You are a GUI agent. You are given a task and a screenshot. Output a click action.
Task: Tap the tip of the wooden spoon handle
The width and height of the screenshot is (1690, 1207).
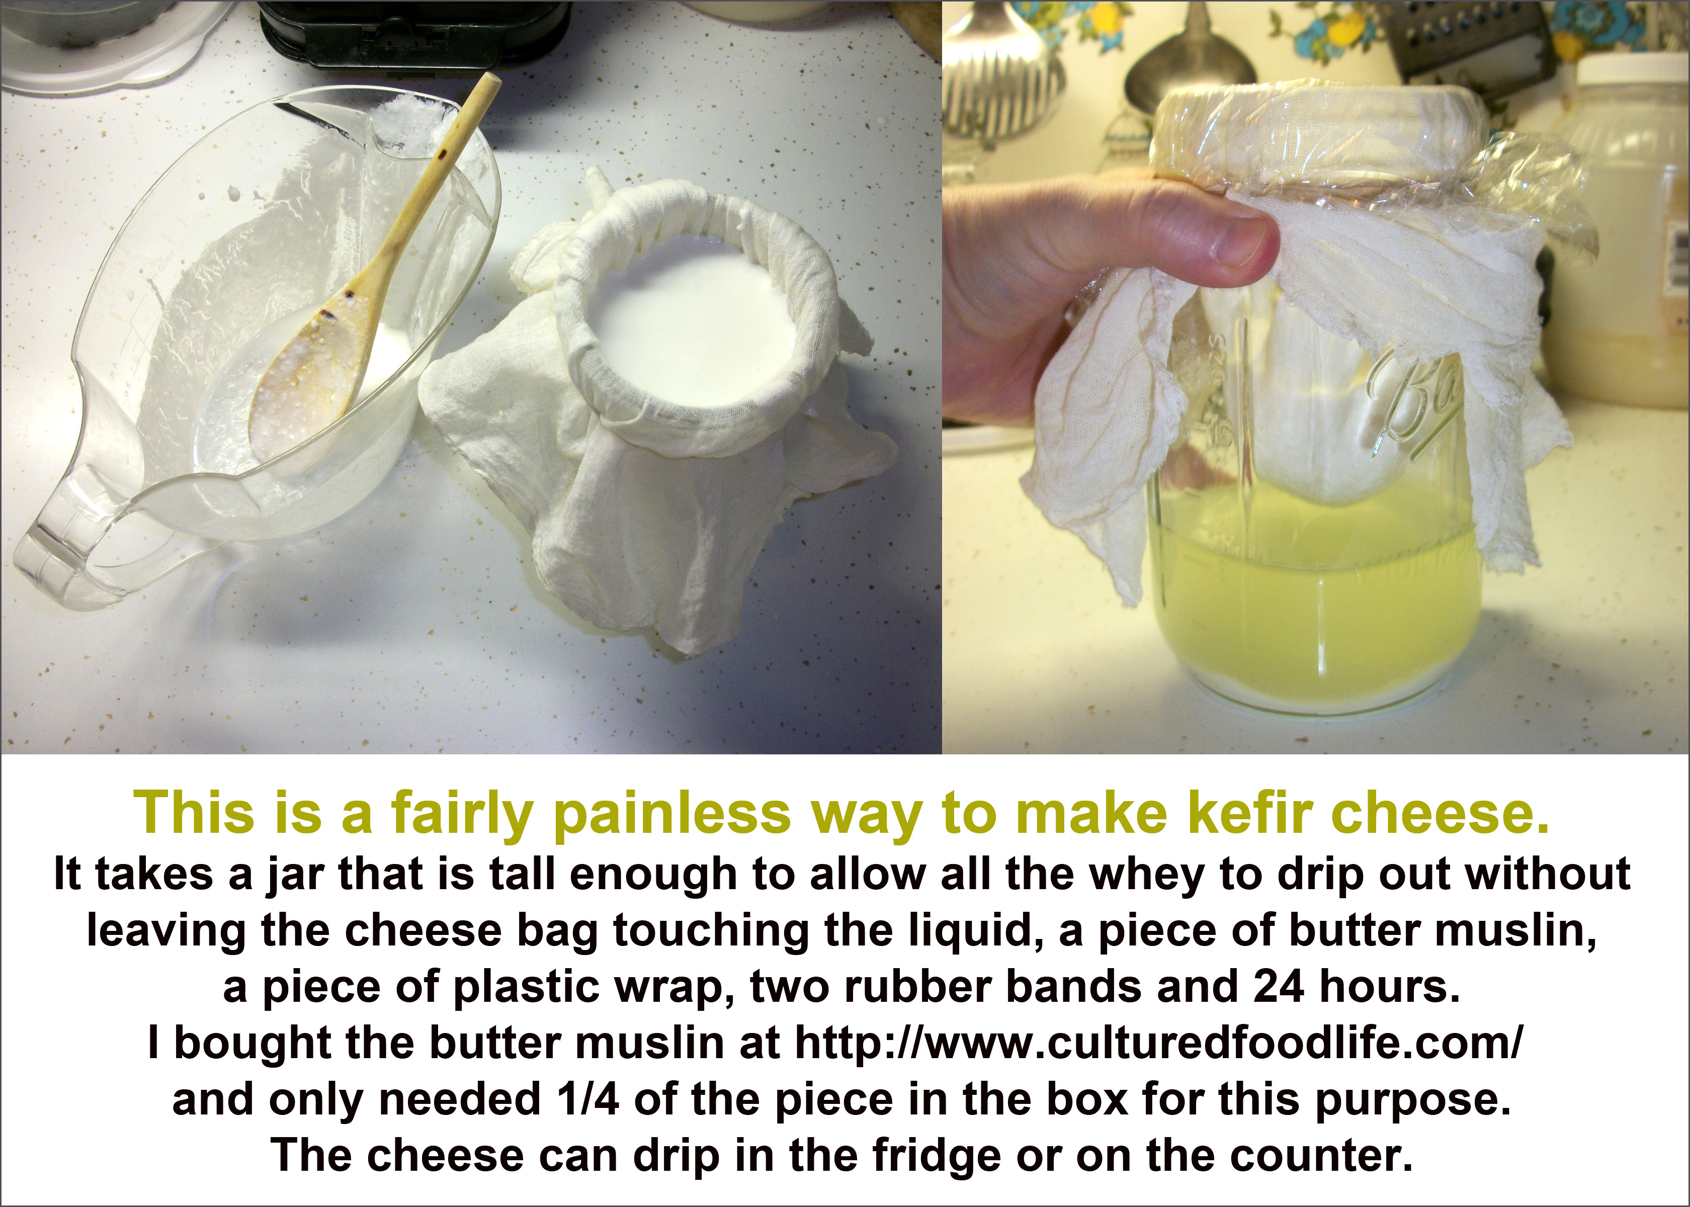(x=490, y=78)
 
